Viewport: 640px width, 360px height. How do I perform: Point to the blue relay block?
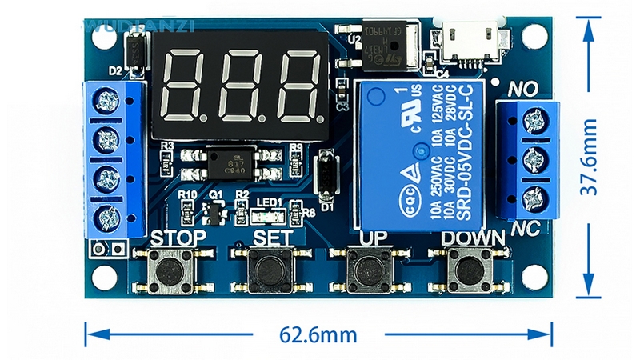(x=422, y=152)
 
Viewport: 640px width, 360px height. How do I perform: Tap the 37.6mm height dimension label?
(x=590, y=157)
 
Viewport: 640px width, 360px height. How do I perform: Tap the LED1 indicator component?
(x=269, y=214)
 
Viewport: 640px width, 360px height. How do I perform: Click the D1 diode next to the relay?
(x=326, y=175)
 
